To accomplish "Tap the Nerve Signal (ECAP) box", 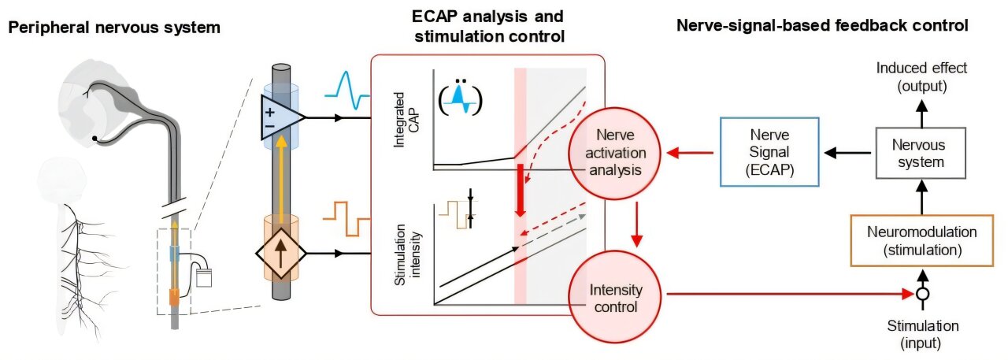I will click(769, 151).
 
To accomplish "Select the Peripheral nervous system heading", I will click(113, 28).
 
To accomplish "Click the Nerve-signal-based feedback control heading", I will click(822, 25).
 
